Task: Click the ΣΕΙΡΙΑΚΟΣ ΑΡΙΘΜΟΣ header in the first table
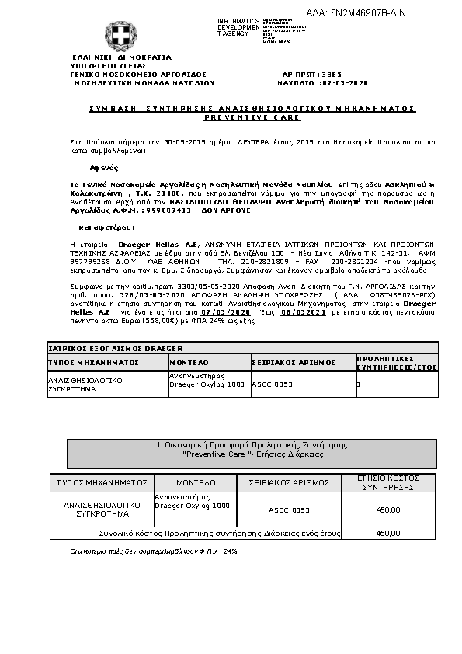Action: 294,362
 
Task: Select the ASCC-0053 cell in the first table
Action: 272,383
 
